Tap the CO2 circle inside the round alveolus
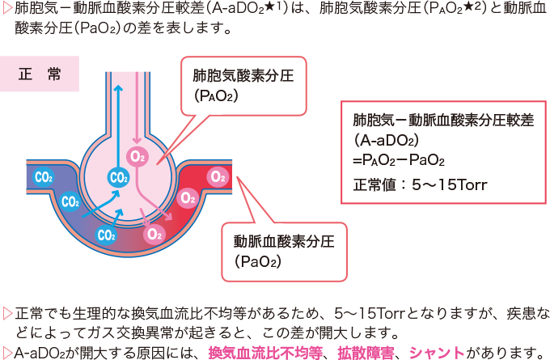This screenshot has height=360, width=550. click(x=118, y=177)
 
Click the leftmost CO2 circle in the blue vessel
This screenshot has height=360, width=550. click(x=42, y=176)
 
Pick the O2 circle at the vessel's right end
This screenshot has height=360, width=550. click(x=218, y=176)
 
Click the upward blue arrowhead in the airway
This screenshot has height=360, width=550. click(x=117, y=91)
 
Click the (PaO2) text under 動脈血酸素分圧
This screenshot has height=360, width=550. click(x=258, y=260)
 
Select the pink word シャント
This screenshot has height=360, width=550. click(x=437, y=352)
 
